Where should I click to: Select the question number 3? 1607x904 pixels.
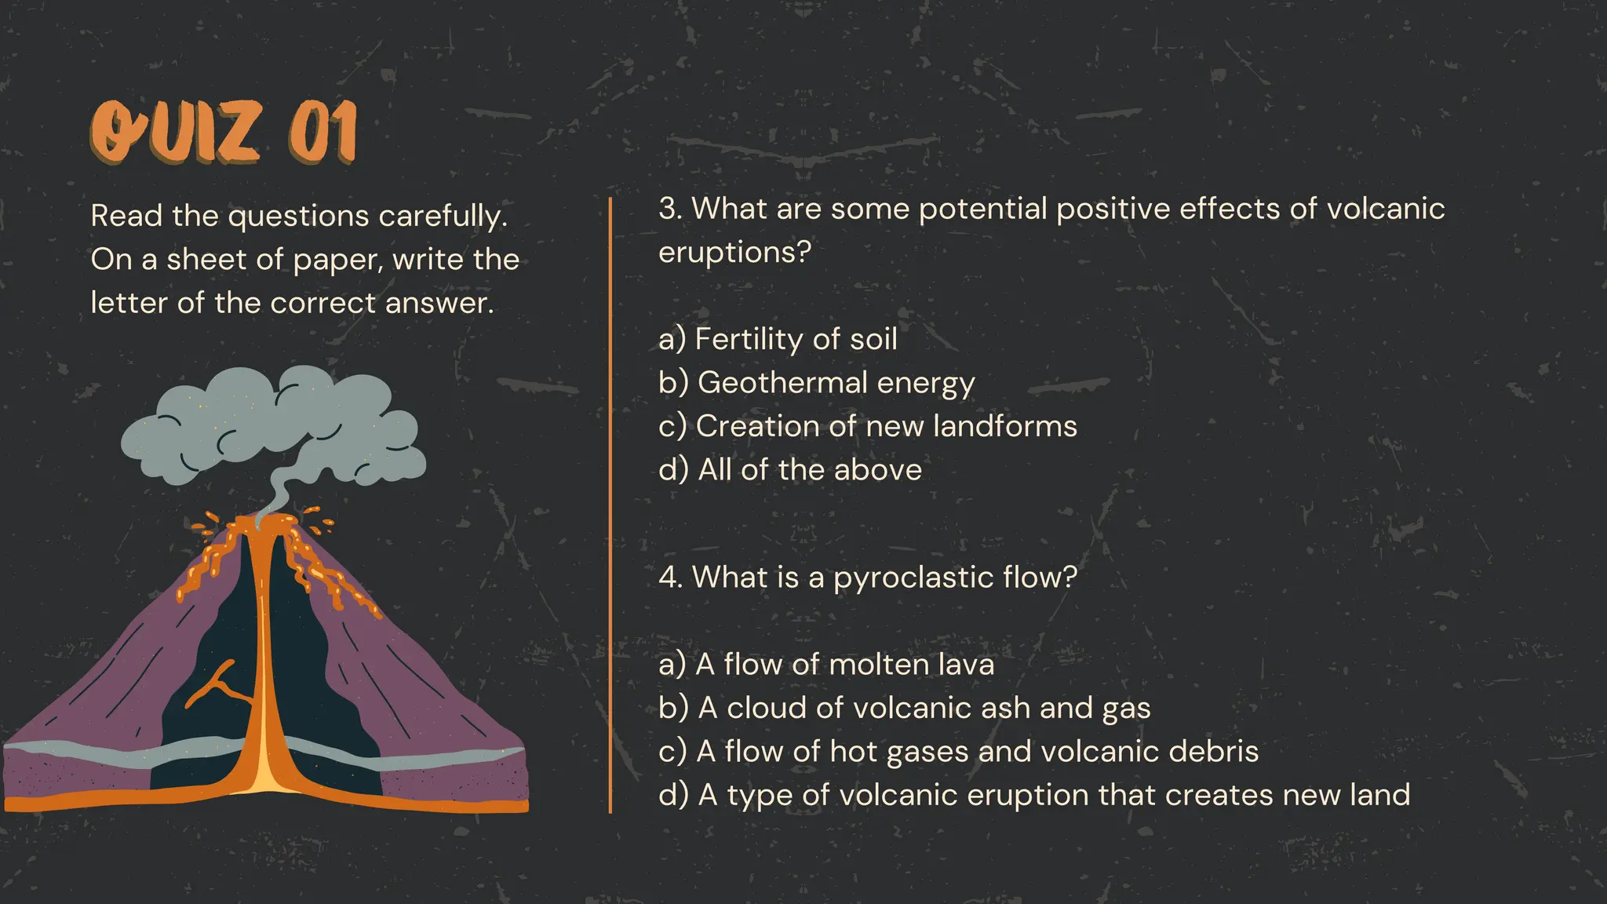(x=669, y=209)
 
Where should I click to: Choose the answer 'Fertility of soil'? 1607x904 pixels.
(x=796, y=339)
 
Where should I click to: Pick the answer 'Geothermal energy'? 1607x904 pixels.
(x=836, y=383)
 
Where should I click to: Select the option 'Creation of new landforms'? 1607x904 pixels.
(x=886, y=426)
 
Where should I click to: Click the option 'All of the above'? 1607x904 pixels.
(x=810, y=470)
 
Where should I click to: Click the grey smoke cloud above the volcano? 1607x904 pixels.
(x=275, y=424)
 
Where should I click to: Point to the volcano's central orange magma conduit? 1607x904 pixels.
(x=263, y=667)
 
